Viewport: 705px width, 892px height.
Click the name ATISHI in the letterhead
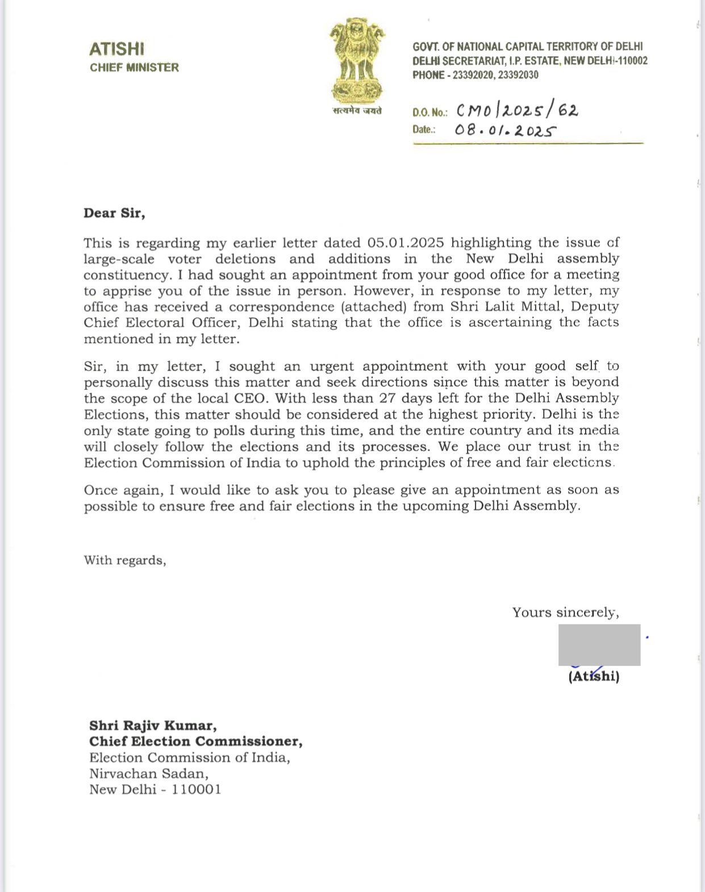coord(116,49)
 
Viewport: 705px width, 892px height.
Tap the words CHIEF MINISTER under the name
coord(134,68)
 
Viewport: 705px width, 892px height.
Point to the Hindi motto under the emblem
coord(357,111)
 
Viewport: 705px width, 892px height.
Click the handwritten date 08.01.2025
coord(504,131)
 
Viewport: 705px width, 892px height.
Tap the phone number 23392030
coord(518,75)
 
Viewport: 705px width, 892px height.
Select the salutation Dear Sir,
coord(114,213)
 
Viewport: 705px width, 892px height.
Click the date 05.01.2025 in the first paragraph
coord(406,243)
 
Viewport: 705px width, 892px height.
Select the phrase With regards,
coord(125,560)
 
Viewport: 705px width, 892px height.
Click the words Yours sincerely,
coord(565,613)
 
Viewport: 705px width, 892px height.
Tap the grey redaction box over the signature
coord(599,644)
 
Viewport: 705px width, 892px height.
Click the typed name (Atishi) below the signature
coord(594,676)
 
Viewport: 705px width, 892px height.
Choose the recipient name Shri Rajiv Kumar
coord(153,726)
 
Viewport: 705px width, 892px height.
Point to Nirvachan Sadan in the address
coord(149,773)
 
